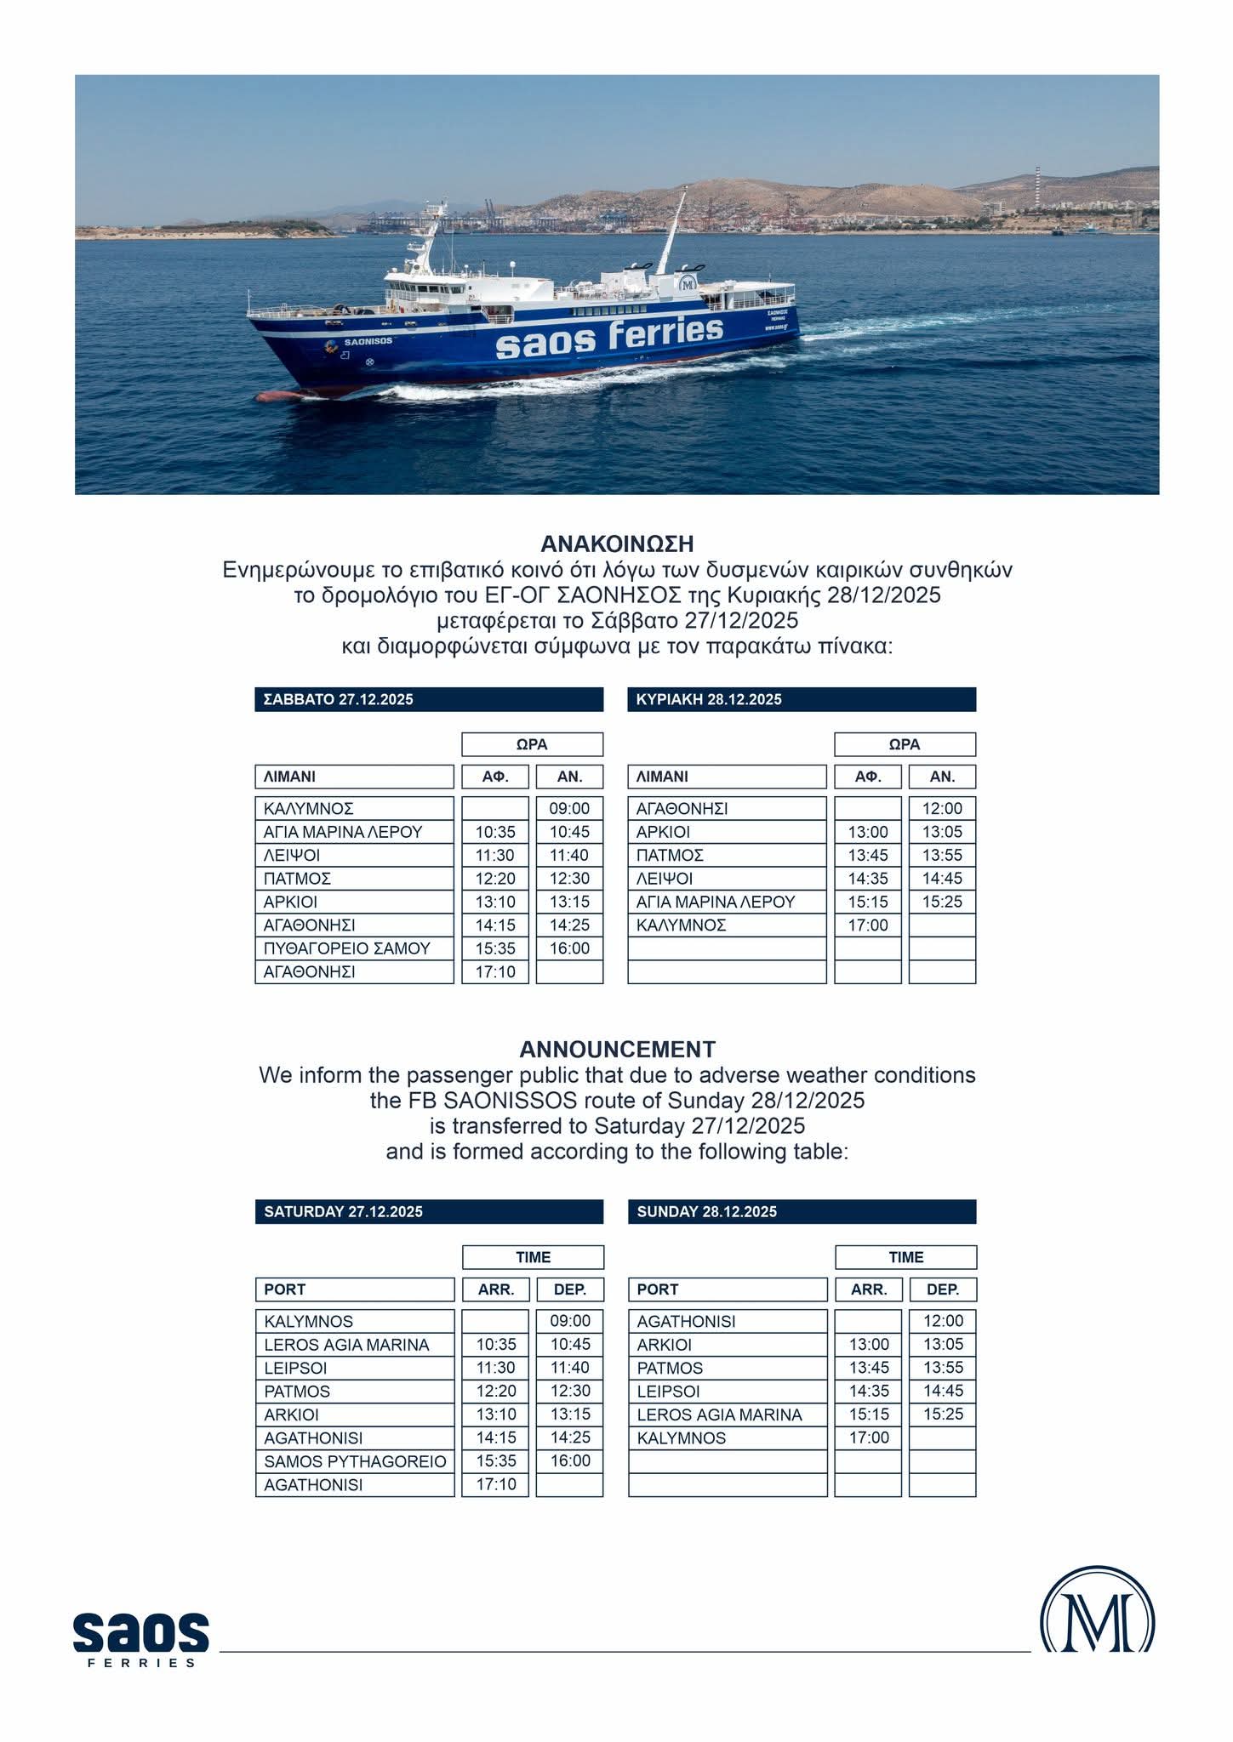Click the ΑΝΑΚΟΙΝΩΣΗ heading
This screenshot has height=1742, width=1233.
(617, 544)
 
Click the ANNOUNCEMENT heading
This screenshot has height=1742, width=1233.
(617, 1049)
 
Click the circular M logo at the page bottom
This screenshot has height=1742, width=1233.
(1097, 1621)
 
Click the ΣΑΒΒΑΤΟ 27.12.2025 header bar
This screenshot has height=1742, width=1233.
(429, 699)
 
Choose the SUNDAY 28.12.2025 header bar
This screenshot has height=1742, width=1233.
(802, 1211)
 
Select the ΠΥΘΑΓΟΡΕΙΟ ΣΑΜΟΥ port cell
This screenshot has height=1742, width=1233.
(354, 948)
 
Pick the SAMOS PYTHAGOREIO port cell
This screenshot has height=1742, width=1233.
(355, 1461)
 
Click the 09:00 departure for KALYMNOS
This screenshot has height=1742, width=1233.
(570, 1321)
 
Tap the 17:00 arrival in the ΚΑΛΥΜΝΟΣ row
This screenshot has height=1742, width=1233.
(867, 925)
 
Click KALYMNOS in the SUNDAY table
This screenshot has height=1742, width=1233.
(682, 1438)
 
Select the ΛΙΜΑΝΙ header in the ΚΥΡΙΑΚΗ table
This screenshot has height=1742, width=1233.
(727, 777)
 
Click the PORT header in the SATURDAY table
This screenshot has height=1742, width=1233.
(355, 1289)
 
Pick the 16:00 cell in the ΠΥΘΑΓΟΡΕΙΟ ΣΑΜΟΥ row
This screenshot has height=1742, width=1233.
(569, 948)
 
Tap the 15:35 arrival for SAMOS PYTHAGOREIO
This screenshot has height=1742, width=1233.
(496, 1461)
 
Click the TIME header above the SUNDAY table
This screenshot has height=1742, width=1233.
(905, 1257)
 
